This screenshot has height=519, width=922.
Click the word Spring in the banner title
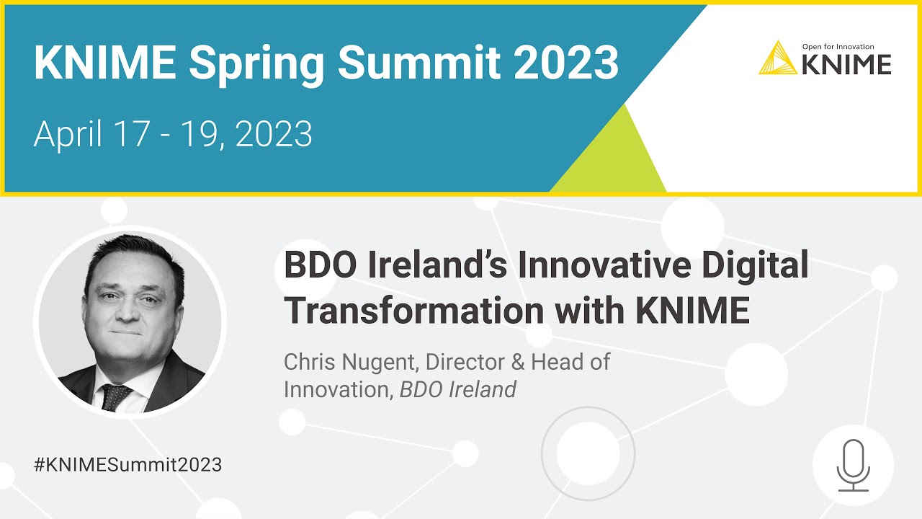(256, 63)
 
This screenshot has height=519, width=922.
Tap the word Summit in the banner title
(419, 63)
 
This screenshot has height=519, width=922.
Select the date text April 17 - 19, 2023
(173, 134)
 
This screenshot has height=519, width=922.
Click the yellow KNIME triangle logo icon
(778, 58)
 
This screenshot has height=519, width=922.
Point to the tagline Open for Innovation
(838, 46)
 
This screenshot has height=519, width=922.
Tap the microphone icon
(853, 466)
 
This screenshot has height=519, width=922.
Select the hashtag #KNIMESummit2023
(127, 464)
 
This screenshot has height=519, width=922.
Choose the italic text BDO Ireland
(458, 389)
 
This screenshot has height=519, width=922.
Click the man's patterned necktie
(116, 396)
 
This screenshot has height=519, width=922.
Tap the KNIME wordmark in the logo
(846, 64)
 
